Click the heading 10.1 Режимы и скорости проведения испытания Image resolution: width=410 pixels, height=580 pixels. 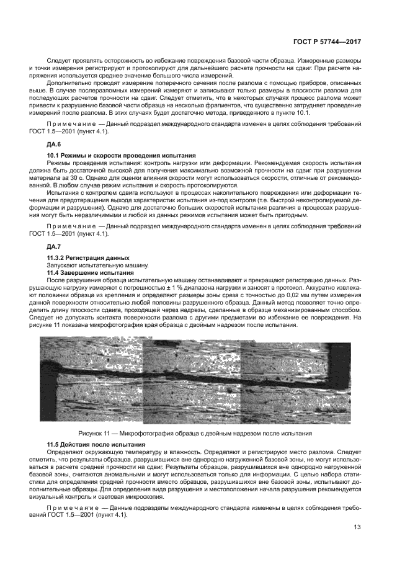coord(122,154)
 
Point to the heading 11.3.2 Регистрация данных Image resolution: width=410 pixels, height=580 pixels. coord(88,257)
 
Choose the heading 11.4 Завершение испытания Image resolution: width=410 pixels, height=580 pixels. coord(91,272)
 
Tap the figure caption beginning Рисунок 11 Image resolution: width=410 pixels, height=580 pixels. coord(195,433)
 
